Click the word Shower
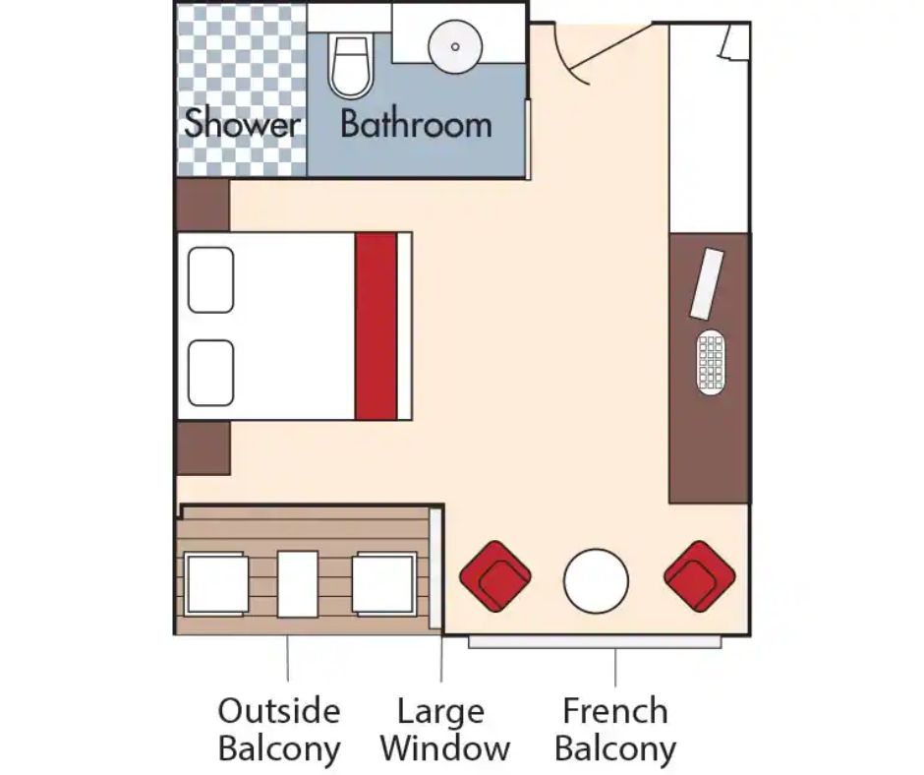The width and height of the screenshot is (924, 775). point(242,123)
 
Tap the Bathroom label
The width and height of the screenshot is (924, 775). point(416,124)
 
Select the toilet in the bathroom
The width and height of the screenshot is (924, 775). point(351,66)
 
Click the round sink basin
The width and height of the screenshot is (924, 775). point(455,46)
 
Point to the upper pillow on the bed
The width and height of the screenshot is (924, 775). point(210,279)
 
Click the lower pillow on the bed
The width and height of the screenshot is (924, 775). point(210,373)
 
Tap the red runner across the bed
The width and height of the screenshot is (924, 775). point(375,327)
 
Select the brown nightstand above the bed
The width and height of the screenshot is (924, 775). point(202,206)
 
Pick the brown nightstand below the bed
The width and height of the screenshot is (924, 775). point(203,447)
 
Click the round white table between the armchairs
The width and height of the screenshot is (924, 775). point(596,581)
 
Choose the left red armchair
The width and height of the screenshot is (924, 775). point(495,576)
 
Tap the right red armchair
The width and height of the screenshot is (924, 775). point(700,576)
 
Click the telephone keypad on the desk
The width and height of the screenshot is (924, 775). point(711,362)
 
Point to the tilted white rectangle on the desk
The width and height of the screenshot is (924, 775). point(707,284)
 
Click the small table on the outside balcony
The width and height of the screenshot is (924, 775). point(298,584)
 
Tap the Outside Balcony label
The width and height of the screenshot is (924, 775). point(279,730)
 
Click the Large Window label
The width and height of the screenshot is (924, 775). point(445,730)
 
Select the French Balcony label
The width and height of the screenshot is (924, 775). point(615,730)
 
